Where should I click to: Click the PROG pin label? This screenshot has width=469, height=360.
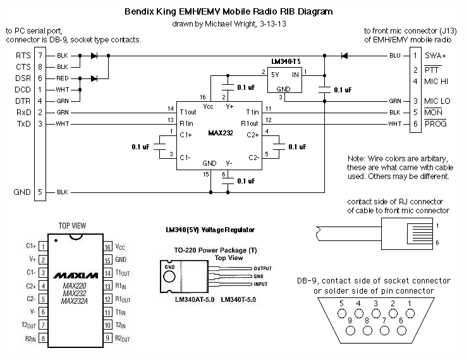(436, 123)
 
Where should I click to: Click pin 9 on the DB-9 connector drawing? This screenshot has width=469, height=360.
(349, 322)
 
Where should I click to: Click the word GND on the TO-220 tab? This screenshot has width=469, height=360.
(169, 268)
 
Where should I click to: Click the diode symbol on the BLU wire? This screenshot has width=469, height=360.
(344, 56)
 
